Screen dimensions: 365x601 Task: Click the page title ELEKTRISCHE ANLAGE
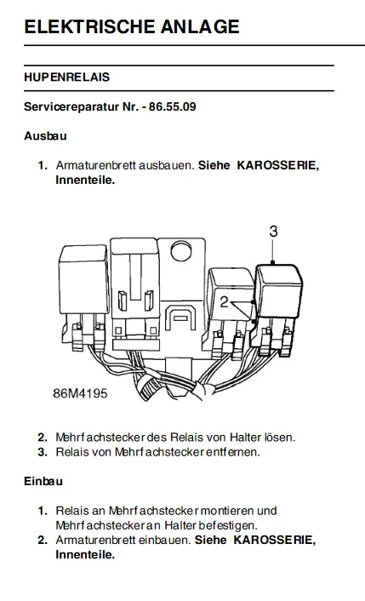132,26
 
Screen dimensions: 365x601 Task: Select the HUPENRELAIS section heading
66,77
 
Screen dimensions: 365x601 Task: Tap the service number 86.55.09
173,106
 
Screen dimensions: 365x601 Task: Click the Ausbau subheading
45,135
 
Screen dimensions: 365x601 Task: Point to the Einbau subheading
43,481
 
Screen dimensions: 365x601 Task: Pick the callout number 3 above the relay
273,232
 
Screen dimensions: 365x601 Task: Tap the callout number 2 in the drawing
224,302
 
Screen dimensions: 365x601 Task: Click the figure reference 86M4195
80,393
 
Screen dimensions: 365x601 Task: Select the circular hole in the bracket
182,250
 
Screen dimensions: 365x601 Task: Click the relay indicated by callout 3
279,290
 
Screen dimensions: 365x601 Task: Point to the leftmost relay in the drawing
83,279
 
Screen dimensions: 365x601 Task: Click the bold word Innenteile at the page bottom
85,554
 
